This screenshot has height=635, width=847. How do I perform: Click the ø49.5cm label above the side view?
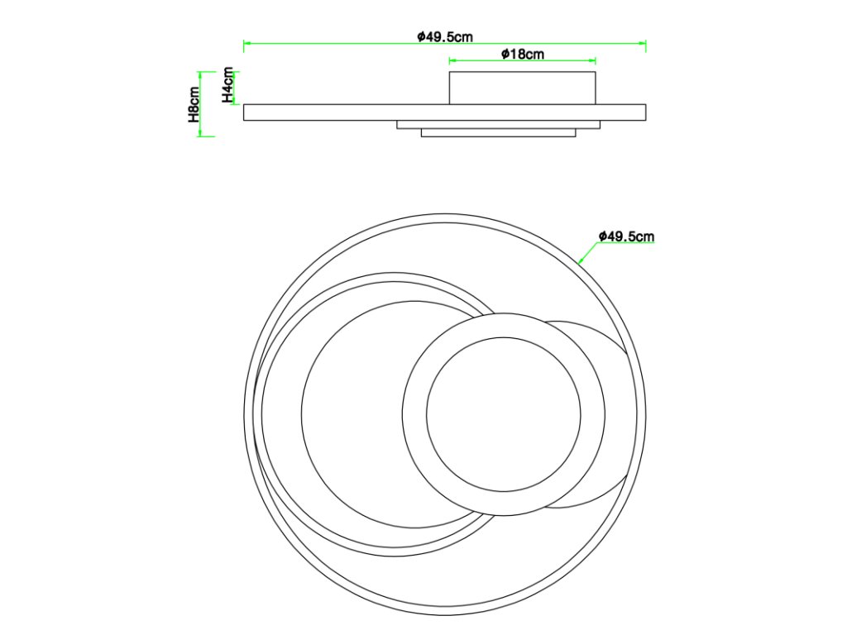point(444,36)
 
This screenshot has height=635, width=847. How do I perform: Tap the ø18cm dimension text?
point(523,54)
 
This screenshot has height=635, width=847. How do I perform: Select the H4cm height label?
point(228,85)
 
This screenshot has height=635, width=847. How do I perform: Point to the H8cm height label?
point(194,104)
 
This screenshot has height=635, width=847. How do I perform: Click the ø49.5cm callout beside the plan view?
point(626,236)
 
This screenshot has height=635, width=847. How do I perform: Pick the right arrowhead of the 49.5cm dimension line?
point(643,43)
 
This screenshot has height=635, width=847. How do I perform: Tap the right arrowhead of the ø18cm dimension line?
point(592,60)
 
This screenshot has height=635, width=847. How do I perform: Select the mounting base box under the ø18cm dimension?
point(523,88)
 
